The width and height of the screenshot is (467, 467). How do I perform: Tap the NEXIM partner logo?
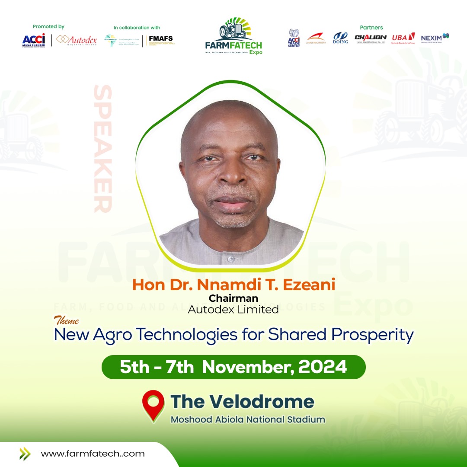[435, 38]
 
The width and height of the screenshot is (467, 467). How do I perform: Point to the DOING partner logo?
[340, 38]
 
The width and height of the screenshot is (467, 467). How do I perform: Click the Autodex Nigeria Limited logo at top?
[77, 40]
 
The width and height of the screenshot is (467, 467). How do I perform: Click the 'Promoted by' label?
[48, 27]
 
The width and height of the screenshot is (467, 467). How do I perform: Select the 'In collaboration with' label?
[137, 28]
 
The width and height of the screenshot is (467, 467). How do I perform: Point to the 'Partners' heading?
[371, 28]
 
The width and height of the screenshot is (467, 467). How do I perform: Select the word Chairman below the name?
[233, 298]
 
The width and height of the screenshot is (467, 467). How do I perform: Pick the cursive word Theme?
[66, 321]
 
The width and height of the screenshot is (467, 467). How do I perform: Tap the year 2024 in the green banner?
[323, 367]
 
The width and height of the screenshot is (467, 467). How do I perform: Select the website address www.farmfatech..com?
[93, 454]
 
